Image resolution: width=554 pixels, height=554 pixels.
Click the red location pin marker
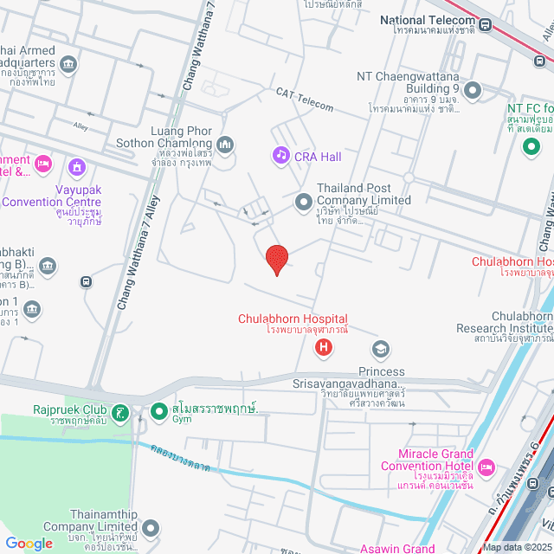point(276,260)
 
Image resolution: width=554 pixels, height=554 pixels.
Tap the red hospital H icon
point(324,349)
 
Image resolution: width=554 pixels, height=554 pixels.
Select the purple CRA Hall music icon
point(280,155)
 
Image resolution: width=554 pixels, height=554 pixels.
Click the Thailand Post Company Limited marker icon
point(303,202)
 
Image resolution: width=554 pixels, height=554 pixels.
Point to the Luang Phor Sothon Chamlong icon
point(225,144)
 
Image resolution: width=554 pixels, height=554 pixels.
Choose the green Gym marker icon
point(158,411)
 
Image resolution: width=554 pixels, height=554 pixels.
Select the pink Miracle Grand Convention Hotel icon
point(486,467)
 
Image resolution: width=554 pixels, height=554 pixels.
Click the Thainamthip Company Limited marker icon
point(151,527)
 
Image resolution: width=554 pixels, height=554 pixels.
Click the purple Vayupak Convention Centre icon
point(77,166)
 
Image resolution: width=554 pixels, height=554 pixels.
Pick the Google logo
point(29,543)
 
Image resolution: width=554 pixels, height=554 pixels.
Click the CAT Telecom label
point(305,100)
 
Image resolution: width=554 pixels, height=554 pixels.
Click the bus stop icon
point(86,281)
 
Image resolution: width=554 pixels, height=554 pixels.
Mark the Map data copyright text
point(517,547)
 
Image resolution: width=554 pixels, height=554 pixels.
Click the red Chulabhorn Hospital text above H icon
point(293,319)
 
